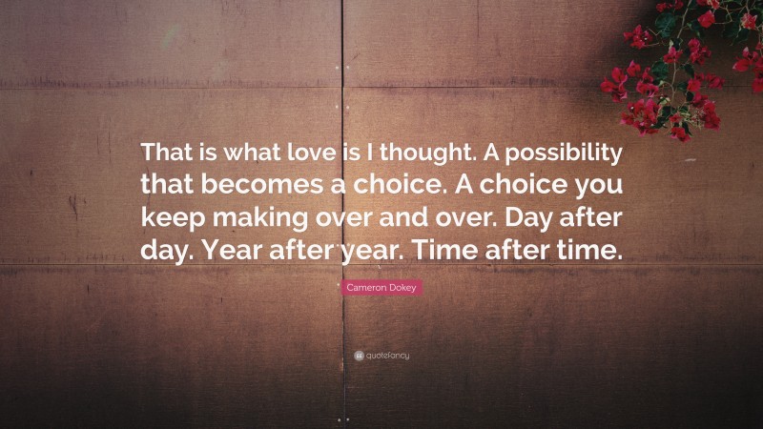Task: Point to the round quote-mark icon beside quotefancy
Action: tap(359, 356)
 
